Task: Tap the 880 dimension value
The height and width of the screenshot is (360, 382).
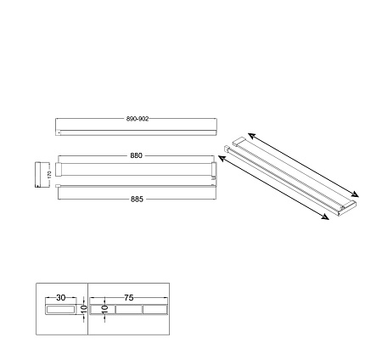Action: coord(136,155)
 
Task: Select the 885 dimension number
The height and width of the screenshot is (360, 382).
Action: coord(137,199)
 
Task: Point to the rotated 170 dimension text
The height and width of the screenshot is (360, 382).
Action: coord(48,174)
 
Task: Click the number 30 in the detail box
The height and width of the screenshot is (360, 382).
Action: coord(61,298)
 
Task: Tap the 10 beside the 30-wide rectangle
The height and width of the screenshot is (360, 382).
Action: coord(84,311)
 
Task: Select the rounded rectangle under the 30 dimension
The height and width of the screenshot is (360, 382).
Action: coord(61,311)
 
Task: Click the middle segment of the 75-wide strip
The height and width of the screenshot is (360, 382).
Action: coord(128,311)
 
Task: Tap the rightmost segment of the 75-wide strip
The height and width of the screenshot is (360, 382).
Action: coord(154,311)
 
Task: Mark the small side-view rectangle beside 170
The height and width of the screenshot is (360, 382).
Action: coord(38,174)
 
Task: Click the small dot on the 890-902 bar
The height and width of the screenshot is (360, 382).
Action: coord(58,132)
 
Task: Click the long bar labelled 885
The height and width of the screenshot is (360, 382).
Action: coord(136,191)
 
